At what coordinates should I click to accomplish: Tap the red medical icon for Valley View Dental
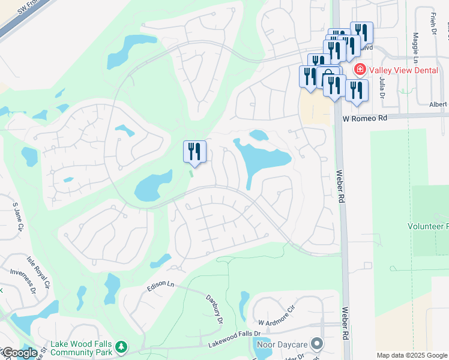click(x=360, y=70)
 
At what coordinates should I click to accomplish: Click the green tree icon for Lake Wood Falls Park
click(x=122, y=347)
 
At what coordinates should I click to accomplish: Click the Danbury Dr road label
click(x=214, y=308)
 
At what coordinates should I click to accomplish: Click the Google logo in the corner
click(x=19, y=353)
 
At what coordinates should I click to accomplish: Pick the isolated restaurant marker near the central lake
click(x=194, y=152)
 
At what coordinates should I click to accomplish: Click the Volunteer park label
click(x=427, y=226)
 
